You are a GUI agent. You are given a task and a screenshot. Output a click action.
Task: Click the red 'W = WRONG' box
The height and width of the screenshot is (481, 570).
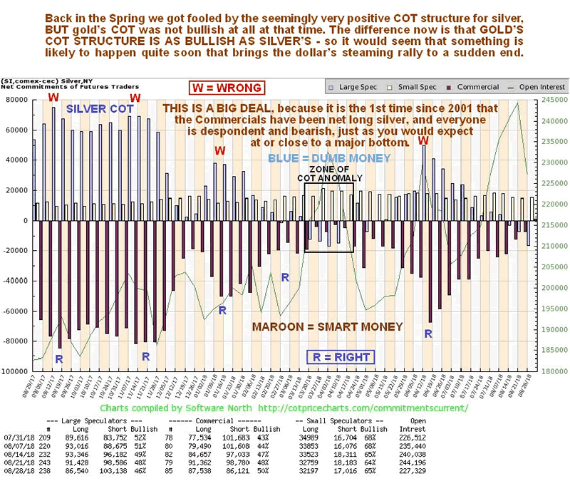(x=227, y=88)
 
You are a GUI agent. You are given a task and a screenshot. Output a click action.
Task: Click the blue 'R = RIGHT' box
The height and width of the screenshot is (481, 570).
(x=341, y=357)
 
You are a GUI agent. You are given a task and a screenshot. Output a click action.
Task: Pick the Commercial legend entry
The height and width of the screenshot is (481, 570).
(x=475, y=87)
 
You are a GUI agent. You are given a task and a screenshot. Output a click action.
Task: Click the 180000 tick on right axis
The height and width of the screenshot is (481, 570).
(x=552, y=371)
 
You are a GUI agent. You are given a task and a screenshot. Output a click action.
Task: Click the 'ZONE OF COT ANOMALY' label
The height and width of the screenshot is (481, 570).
(x=330, y=172)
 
